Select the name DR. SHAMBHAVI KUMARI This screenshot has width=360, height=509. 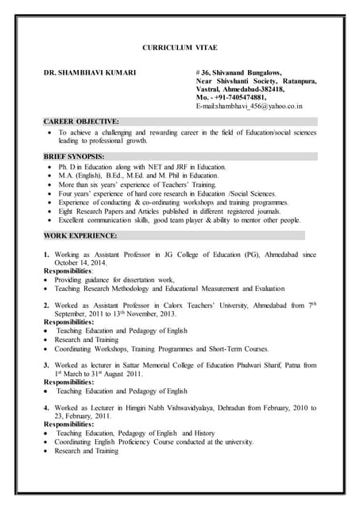click(89, 73)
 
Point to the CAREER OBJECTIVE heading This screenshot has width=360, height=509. click(82, 122)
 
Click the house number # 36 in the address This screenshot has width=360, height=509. click(204, 73)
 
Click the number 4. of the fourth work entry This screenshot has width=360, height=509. click(47, 408)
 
